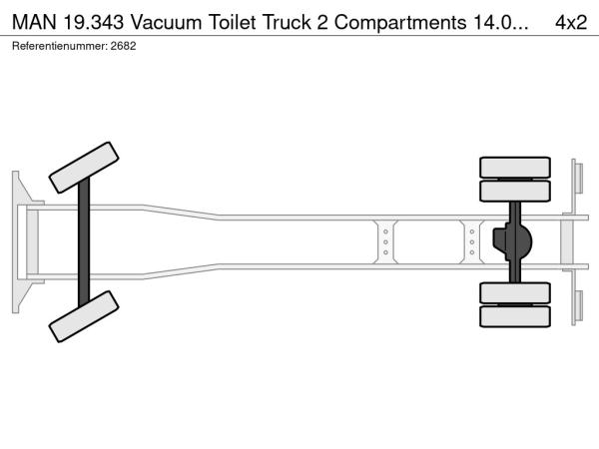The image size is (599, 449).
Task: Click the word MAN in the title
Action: pos(34,23)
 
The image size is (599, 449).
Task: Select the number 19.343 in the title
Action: pos(93,23)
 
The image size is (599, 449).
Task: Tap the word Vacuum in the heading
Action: pos(166,23)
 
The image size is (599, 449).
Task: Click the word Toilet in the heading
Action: pos(232,23)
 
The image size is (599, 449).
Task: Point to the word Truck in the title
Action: pos(287,23)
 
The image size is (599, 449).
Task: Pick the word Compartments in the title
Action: pos(400,23)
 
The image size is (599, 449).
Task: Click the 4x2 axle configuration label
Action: pos(571,23)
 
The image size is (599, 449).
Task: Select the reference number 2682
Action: pos(123,46)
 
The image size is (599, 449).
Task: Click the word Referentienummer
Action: pos(59,46)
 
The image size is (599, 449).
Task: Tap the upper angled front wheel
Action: pos(84,168)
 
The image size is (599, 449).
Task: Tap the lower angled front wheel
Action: pos(84,316)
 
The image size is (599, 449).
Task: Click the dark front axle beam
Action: pos(84,242)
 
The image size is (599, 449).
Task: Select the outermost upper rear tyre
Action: pos(515,168)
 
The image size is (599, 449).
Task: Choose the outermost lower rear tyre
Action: pos(515,316)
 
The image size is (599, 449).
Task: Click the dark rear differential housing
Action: pos(512,242)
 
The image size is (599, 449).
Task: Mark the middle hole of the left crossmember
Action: pos(385,242)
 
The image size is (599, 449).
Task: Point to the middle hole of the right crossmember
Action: pos(472,242)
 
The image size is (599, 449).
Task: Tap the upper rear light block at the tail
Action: pos(578,179)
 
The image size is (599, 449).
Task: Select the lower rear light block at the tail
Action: pos(578,306)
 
